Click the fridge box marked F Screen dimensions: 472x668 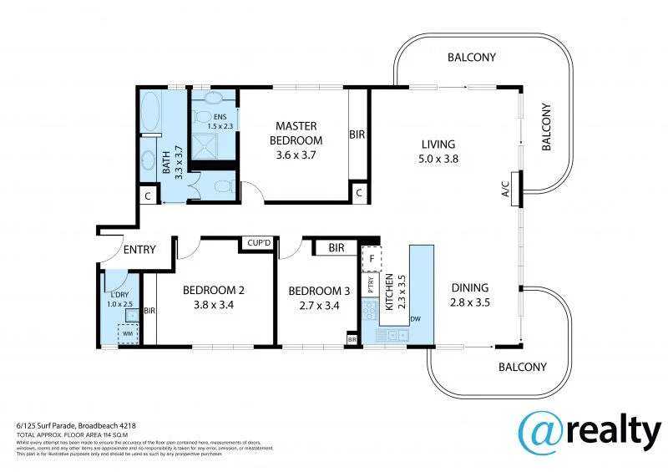tap(370, 258)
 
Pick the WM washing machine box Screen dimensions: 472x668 tap(127, 332)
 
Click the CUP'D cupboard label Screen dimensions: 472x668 tap(257, 243)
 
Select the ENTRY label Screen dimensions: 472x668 tap(139, 249)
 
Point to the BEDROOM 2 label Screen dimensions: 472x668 tap(214, 290)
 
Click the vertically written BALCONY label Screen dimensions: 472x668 tap(548, 126)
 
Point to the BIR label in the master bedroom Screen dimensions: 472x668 tap(357, 134)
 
